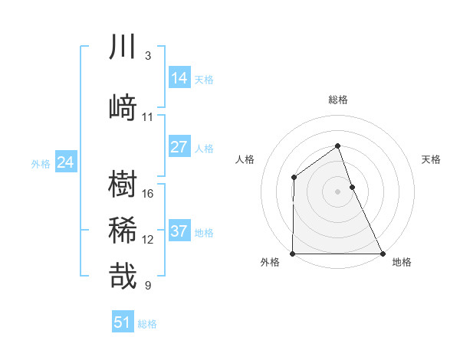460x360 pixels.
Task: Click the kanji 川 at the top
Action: click(x=123, y=47)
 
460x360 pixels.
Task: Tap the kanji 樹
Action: click(x=123, y=185)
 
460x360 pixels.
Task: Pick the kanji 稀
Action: click(x=123, y=231)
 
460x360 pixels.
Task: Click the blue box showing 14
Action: click(x=179, y=78)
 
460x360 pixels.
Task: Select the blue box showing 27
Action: click(x=179, y=147)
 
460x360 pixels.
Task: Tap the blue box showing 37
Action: click(x=179, y=231)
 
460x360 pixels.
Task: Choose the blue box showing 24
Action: click(x=66, y=162)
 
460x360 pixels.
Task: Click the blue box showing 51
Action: click(x=123, y=322)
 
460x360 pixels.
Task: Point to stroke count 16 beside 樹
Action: click(x=148, y=193)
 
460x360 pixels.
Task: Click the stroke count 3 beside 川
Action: click(x=148, y=56)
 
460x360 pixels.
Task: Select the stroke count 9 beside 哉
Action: click(x=148, y=286)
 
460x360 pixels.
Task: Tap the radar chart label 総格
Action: click(x=337, y=100)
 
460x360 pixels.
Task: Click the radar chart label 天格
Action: click(x=432, y=159)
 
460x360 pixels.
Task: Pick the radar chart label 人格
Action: click(x=245, y=159)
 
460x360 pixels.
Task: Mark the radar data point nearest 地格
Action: click(x=382, y=253)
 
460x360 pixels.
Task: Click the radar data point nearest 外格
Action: click(x=293, y=253)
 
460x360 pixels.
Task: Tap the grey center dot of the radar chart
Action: click(x=337, y=191)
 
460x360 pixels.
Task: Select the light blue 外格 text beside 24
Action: click(x=41, y=163)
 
